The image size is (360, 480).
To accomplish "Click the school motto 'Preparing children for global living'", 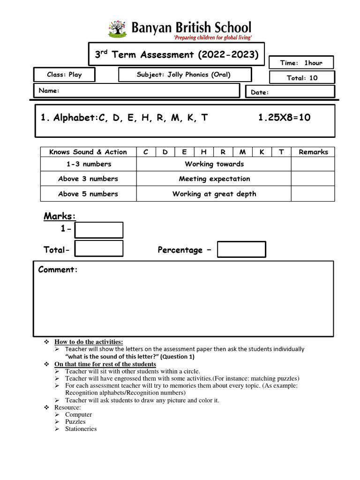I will pos(200,37).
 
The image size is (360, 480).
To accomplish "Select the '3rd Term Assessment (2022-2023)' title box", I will pos(176,55).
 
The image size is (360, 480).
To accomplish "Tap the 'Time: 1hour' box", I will pos(301,63).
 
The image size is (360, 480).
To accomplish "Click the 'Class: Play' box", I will pos(64,75).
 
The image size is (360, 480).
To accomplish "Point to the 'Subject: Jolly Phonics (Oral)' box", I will pos(185,75).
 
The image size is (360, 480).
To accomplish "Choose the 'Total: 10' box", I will pos(302,78).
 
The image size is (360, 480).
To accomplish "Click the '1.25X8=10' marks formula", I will pos(284,118).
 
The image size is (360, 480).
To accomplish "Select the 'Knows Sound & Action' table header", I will pos(88,152).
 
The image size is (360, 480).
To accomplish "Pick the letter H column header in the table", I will pos(203,152).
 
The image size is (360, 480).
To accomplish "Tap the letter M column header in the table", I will pos(242,152).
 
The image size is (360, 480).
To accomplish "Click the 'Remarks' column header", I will pos(313,152).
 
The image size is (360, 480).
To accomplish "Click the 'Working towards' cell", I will pos(214,164).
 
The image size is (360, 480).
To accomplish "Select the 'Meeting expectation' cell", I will pos(214,179).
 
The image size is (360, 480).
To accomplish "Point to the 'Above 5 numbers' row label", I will pos(88,194).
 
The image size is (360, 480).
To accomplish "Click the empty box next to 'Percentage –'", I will pos(241,249).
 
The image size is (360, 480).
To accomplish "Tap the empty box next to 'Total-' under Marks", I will pos(99,249).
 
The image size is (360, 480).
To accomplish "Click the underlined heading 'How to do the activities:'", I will pos(89,342).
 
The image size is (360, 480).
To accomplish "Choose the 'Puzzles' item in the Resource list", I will pos(75,421).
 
